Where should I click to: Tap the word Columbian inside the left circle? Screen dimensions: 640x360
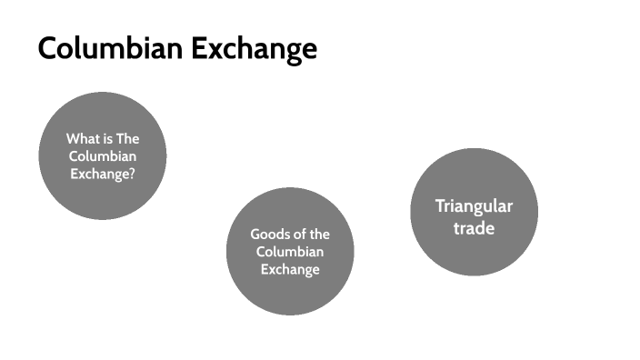click(102, 156)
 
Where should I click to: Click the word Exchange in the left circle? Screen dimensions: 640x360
click(100, 173)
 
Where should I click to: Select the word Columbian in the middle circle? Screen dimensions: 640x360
click(289, 252)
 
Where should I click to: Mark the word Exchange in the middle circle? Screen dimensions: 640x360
click(289, 269)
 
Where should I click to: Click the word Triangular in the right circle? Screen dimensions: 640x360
click(474, 206)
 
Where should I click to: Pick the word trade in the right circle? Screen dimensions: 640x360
click(474, 227)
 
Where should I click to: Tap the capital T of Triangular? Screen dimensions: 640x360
click(439, 205)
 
